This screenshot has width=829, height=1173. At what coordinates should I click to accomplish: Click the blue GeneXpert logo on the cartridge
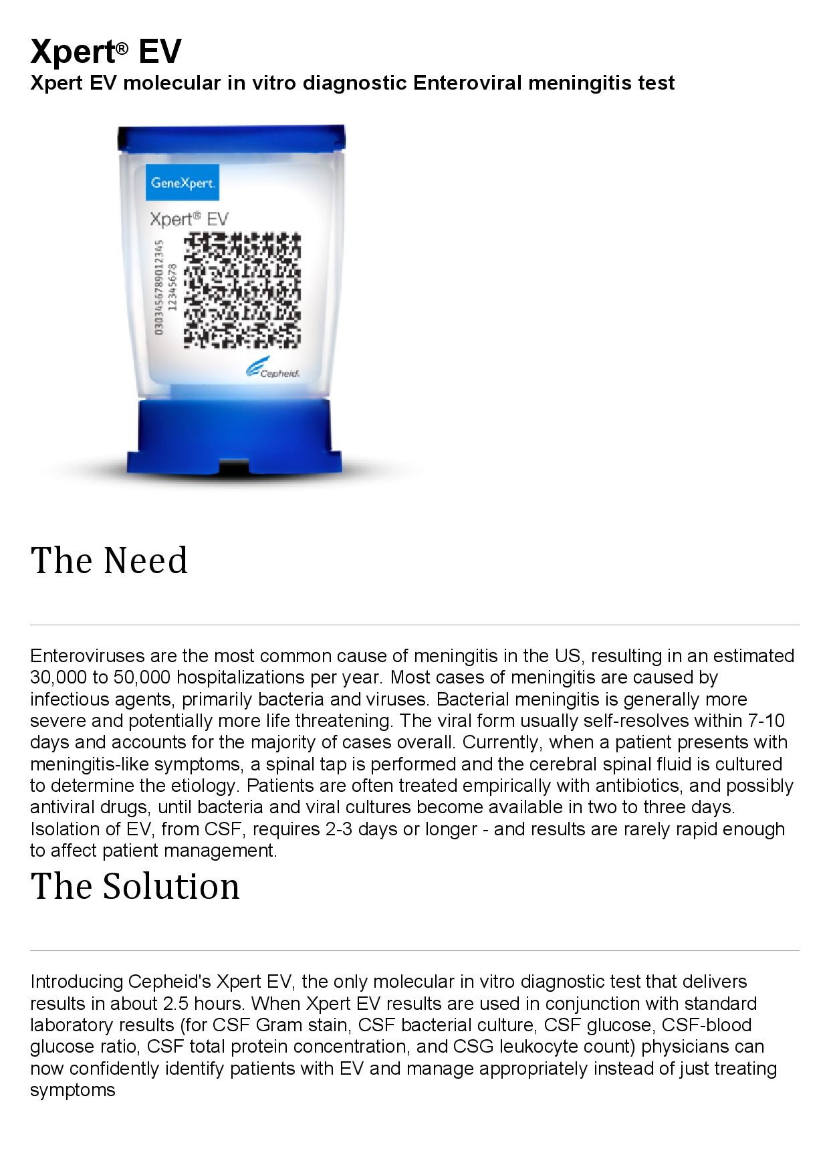point(182,183)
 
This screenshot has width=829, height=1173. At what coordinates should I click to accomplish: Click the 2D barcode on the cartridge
point(241,290)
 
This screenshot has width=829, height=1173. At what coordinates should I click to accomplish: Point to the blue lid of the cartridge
point(232,137)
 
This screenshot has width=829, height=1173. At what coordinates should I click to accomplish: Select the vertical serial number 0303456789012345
point(158,288)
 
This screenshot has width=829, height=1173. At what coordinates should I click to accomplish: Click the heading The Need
point(109,560)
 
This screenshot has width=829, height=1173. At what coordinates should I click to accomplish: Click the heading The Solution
point(135,886)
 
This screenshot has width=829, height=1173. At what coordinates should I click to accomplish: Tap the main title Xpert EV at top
point(106,51)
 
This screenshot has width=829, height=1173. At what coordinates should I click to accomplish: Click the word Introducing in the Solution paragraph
point(76,982)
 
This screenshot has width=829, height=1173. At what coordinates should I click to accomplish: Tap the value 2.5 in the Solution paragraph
point(176,1003)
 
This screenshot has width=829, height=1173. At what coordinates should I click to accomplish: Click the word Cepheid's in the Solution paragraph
point(169,982)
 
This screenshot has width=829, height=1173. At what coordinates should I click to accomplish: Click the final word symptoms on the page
point(72,1090)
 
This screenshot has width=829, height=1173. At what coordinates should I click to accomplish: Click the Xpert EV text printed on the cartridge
point(189,219)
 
